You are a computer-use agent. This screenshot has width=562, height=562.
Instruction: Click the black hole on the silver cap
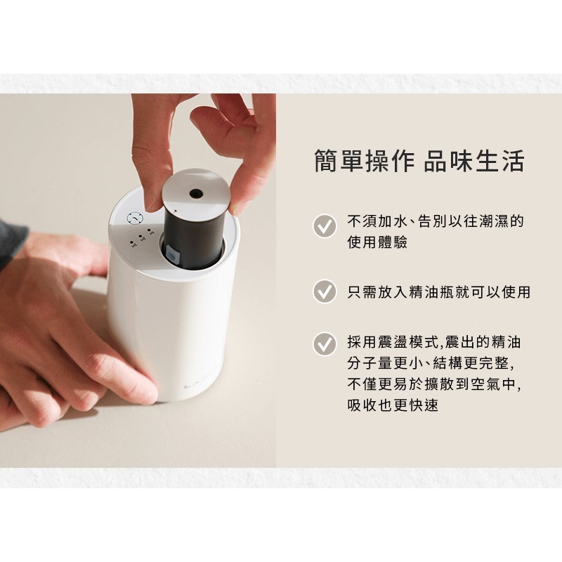point(197,192)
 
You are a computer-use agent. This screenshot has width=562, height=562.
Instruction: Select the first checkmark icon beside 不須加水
point(324,226)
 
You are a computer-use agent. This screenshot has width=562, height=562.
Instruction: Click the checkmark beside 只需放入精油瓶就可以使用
point(324,291)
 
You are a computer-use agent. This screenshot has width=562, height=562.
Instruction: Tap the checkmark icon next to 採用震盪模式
point(324,344)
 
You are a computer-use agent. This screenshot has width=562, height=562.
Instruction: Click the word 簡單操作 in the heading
point(365,161)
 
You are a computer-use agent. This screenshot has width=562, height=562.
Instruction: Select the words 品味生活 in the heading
point(475,161)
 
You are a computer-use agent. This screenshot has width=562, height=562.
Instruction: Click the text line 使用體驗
point(377,242)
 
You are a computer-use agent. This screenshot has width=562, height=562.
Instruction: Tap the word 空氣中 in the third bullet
point(491,384)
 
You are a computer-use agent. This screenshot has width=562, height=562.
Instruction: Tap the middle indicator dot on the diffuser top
point(141,237)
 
